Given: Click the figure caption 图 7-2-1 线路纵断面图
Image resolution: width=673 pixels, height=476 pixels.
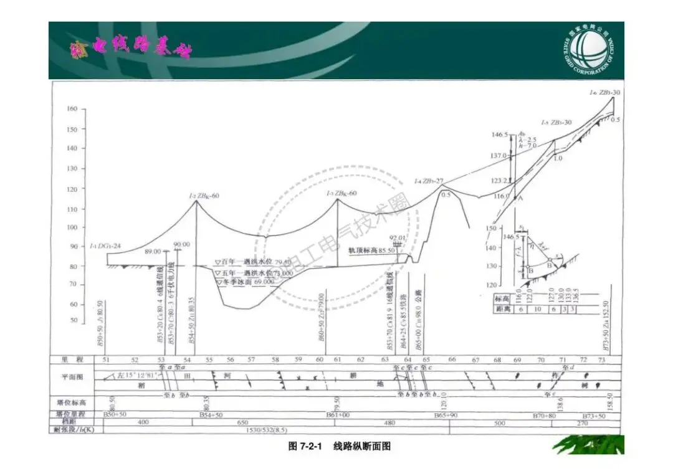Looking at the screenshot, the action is pyautogui.click(x=340, y=446).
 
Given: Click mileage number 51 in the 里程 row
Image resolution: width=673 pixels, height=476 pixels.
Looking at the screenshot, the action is pyautogui.click(x=106, y=359).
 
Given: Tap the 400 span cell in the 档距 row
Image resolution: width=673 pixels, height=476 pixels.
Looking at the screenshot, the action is pyautogui.click(x=144, y=422).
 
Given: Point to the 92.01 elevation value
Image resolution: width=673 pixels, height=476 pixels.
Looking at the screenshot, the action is pyautogui.click(x=397, y=238).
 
